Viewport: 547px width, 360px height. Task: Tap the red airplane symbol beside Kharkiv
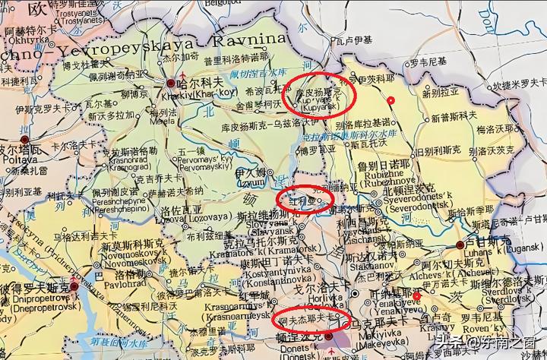166,77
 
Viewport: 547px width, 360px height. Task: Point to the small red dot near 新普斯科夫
390,100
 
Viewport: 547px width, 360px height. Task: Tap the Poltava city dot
25,140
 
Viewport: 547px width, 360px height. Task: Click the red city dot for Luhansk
460,245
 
